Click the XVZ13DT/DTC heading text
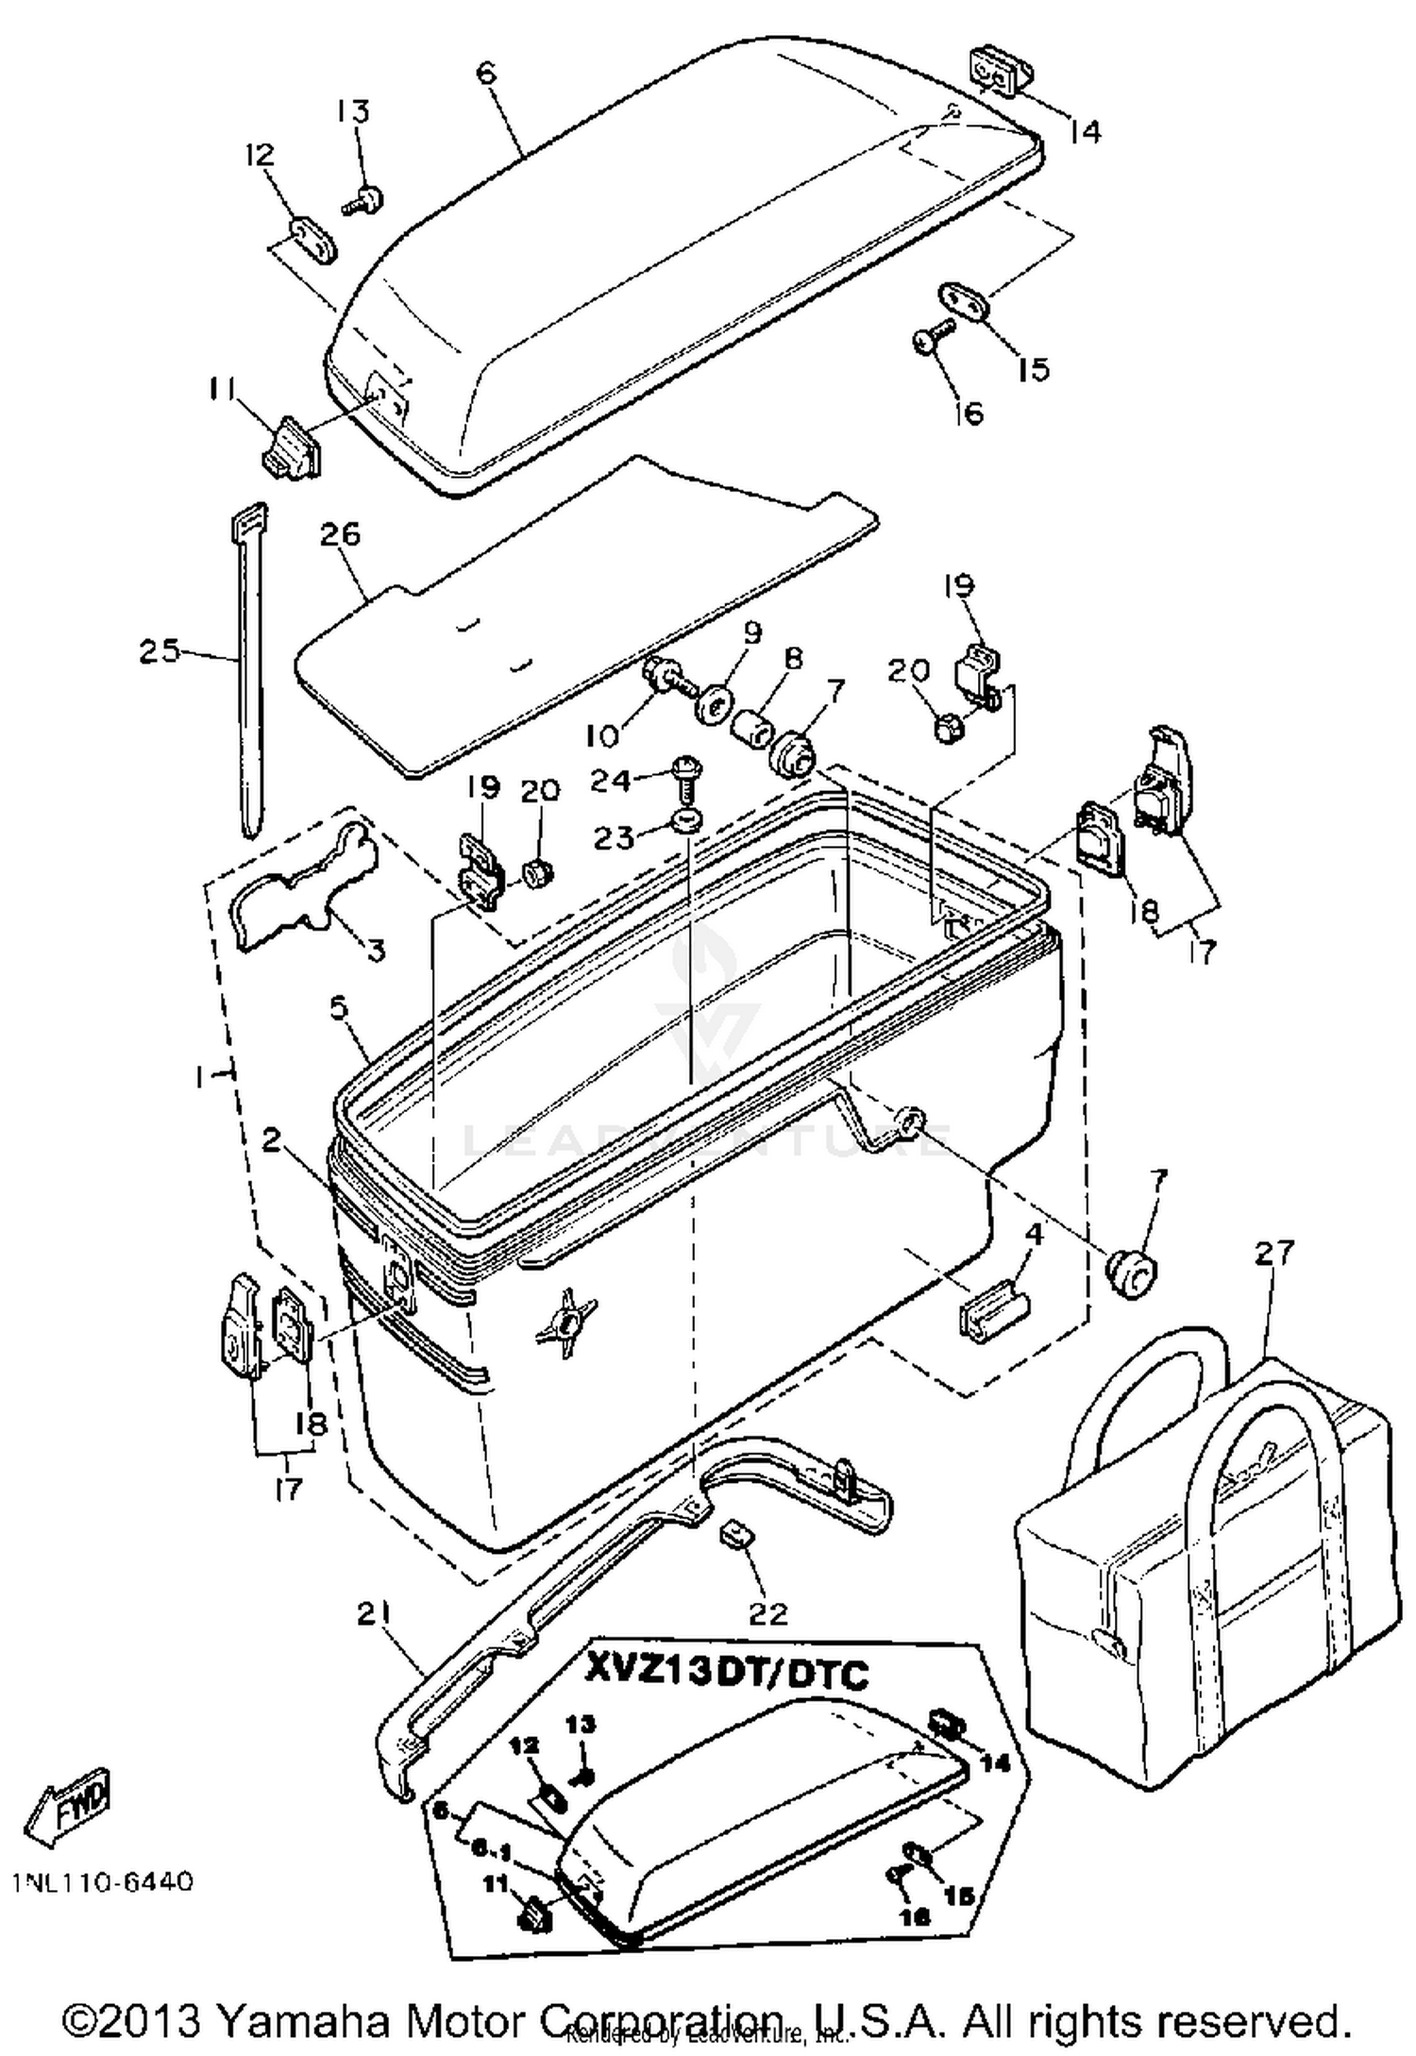coord(727,1674)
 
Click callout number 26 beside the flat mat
coord(341,534)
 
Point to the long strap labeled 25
coord(249,661)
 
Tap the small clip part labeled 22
coord(737,1533)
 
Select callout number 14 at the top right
coord(1085,131)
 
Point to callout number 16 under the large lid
coord(969,413)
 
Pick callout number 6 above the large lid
coord(487,73)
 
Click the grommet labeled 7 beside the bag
coord(1132,1273)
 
